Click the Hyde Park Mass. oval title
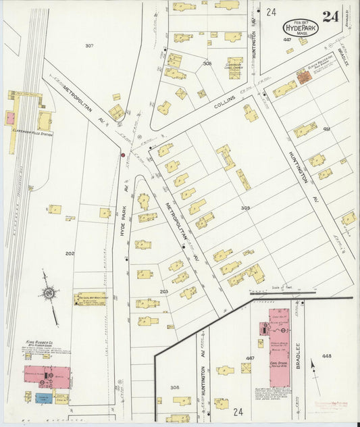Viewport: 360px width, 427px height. (301, 27)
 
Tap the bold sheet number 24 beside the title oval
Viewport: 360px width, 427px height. (330, 17)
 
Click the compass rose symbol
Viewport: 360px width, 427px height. (49, 293)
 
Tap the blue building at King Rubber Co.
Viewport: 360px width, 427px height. (43, 398)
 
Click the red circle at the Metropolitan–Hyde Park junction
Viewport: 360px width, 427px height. (123, 155)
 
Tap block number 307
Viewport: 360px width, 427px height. (89, 45)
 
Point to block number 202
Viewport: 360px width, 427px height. (70, 253)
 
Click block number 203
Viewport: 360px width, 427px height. (163, 291)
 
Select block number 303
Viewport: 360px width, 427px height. (246, 208)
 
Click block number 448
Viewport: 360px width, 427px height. (327, 355)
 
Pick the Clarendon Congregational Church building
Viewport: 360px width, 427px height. (234, 65)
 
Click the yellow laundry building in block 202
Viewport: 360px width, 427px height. (91, 298)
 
